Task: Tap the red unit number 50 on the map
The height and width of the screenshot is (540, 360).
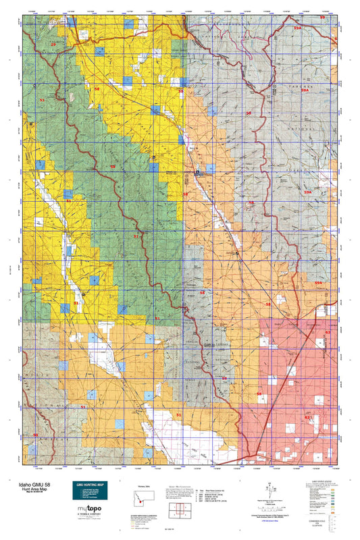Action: [x=35, y=435]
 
